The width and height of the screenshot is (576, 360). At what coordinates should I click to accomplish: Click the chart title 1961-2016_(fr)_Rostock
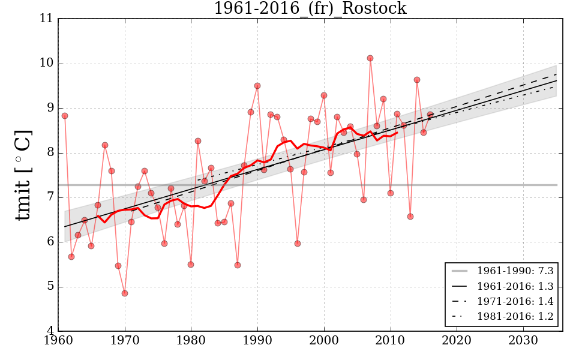pyautogui.click(x=310, y=9)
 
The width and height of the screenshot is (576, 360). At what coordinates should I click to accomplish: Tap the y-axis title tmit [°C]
pyautogui.click(x=23, y=175)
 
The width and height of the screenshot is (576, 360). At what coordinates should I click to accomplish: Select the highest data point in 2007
pyautogui.click(x=370, y=58)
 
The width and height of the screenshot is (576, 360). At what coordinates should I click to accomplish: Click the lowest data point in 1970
pyautogui.click(x=125, y=293)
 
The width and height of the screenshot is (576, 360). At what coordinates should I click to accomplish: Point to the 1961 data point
pyautogui.click(x=65, y=116)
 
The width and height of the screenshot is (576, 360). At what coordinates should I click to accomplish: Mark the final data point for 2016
pyautogui.click(x=430, y=115)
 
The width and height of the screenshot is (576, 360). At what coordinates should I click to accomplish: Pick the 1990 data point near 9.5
pyautogui.click(x=257, y=86)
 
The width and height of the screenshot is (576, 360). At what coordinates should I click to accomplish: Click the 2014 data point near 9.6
pyautogui.click(x=417, y=80)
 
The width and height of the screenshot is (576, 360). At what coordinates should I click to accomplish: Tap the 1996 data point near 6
pyautogui.click(x=298, y=244)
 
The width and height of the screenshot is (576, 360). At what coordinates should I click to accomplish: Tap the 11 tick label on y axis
pyautogui.click(x=46, y=19)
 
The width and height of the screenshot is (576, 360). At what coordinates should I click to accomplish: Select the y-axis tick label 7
pyautogui.click(x=50, y=197)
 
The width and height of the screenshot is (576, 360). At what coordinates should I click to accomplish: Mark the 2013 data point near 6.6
pyautogui.click(x=410, y=217)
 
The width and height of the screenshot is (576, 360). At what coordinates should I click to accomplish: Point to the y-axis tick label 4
pyautogui.click(x=50, y=331)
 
